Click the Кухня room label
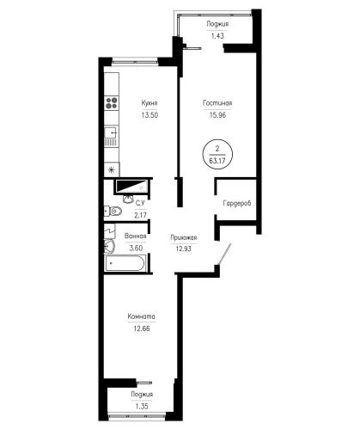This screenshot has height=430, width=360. [x=149, y=103]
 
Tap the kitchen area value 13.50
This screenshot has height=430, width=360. [x=149, y=115]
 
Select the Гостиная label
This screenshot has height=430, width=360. [x=217, y=103]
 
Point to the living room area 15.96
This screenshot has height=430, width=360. [x=217, y=115]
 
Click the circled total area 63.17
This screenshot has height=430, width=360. [x=217, y=161]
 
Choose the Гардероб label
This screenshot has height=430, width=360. [x=237, y=203]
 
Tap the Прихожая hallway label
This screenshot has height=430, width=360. [x=184, y=237]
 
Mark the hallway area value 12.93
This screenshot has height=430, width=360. [x=184, y=249]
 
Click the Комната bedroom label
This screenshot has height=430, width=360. [x=142, y=316]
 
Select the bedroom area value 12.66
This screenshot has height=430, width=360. [x=142, y=329]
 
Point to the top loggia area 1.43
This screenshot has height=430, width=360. [x=217, y=36]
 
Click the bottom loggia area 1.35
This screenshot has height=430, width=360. [x=142, y=406]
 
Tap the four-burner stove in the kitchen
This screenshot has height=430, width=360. [x=112, y=103]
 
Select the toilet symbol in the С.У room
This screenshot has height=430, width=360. [x=113, y=212]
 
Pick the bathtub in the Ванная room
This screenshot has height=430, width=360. [x=125, y=263]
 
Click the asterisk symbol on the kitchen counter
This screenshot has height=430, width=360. [x=112, y=170]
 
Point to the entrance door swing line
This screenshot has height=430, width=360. [x=224, y=254]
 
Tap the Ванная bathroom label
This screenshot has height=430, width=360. [x=136, y=236]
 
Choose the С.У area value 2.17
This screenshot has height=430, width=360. [x=140, y=215]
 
